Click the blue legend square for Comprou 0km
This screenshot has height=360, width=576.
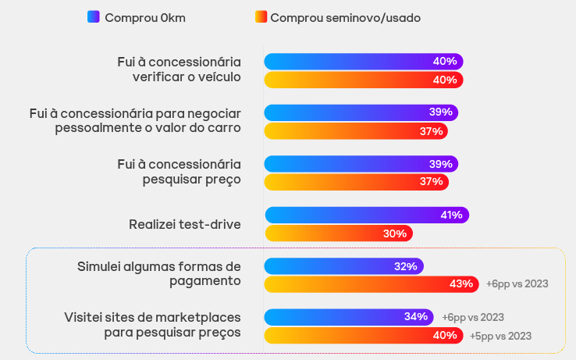click(x=93, y=17)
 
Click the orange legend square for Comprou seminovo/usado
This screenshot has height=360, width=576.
click(x=261, y=17)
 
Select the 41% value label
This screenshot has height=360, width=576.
click(x=451, y=215)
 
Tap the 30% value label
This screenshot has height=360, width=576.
click(x=395, y=233)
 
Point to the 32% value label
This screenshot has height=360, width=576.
click(x=406, y=266)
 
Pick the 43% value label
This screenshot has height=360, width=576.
click(x=461, y=283)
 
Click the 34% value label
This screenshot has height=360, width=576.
click(x=416, y=317)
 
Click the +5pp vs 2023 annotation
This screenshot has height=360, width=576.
click(x=500, y=336)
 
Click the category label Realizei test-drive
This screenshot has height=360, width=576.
click(x=185, y=225)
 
